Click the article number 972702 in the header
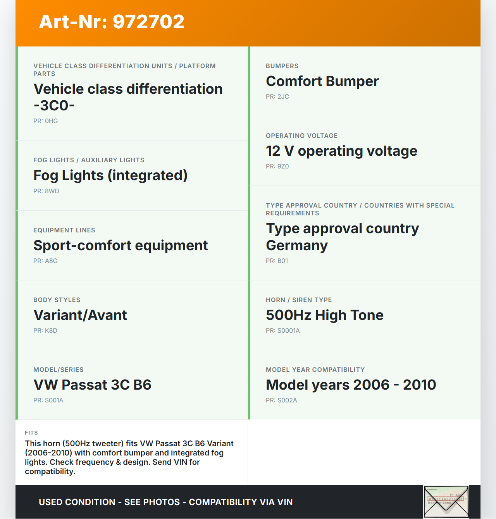click(148, 22)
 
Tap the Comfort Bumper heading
click(322, 81)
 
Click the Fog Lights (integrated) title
click(110, 175)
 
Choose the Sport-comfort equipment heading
click(121, 246)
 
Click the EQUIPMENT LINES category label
click(64, 230)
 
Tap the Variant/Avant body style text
click(80, 315)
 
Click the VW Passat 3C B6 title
click(92, 385)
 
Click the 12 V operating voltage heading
click(341, 151)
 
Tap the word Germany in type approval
click(297, 246)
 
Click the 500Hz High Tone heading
click(324, 315)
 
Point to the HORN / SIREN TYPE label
click(299, 300)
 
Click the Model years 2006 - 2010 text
click(351, 385)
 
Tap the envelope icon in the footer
click(446, 502)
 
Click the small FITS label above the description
click(31, 433)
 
